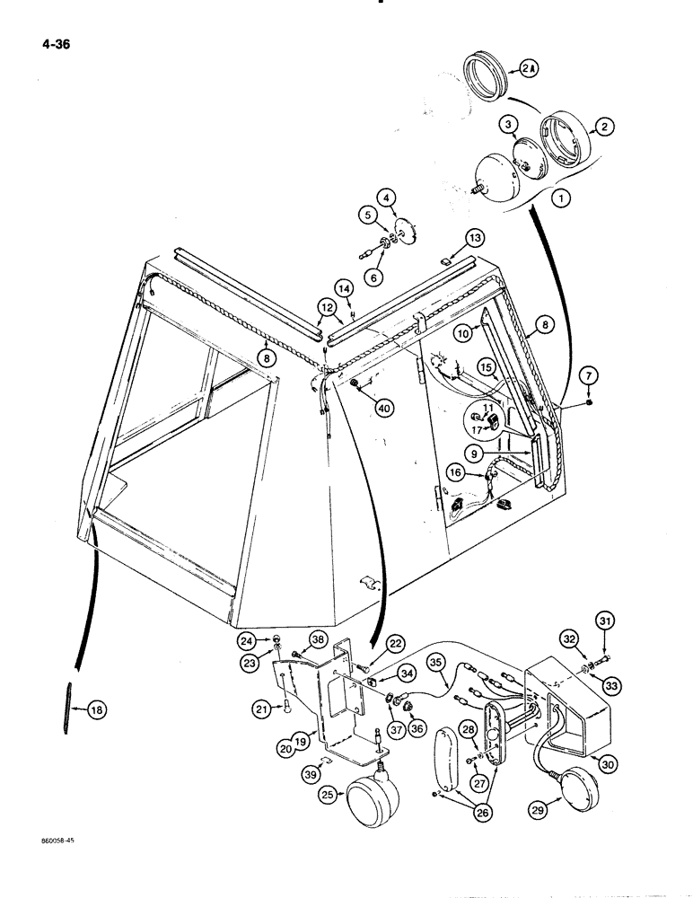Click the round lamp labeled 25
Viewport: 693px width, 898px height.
pyautogui.click(x=372, y=797)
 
